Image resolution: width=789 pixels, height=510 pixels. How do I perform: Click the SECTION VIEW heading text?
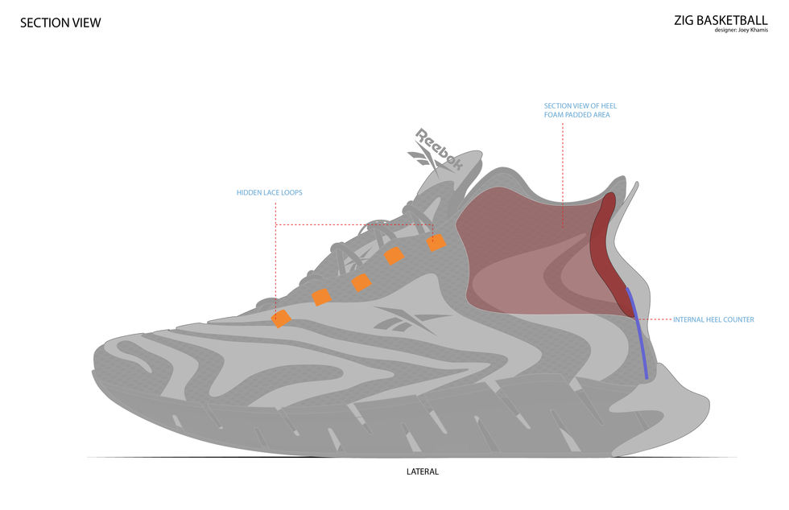(60, 23)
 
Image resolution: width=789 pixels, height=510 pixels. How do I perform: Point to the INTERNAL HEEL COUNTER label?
(713, 319)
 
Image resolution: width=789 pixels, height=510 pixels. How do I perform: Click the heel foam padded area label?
(580, 110)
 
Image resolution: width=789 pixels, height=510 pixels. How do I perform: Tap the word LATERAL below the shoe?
(423, 471)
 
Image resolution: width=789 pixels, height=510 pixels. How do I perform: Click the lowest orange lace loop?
(281, 319)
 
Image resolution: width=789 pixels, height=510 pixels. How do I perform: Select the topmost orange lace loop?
(436, 241)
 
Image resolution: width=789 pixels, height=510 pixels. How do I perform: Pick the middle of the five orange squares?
(361, 282)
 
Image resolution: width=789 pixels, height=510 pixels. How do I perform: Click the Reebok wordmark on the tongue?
(438, 149)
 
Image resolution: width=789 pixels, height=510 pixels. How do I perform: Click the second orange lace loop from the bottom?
(321, 297)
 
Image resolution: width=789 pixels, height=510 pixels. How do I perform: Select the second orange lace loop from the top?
(394, 256)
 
